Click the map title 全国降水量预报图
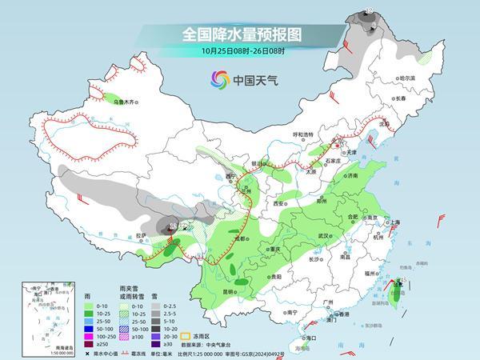click(239, 34)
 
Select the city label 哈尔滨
click(408, 78)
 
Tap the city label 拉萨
click(141, 235)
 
